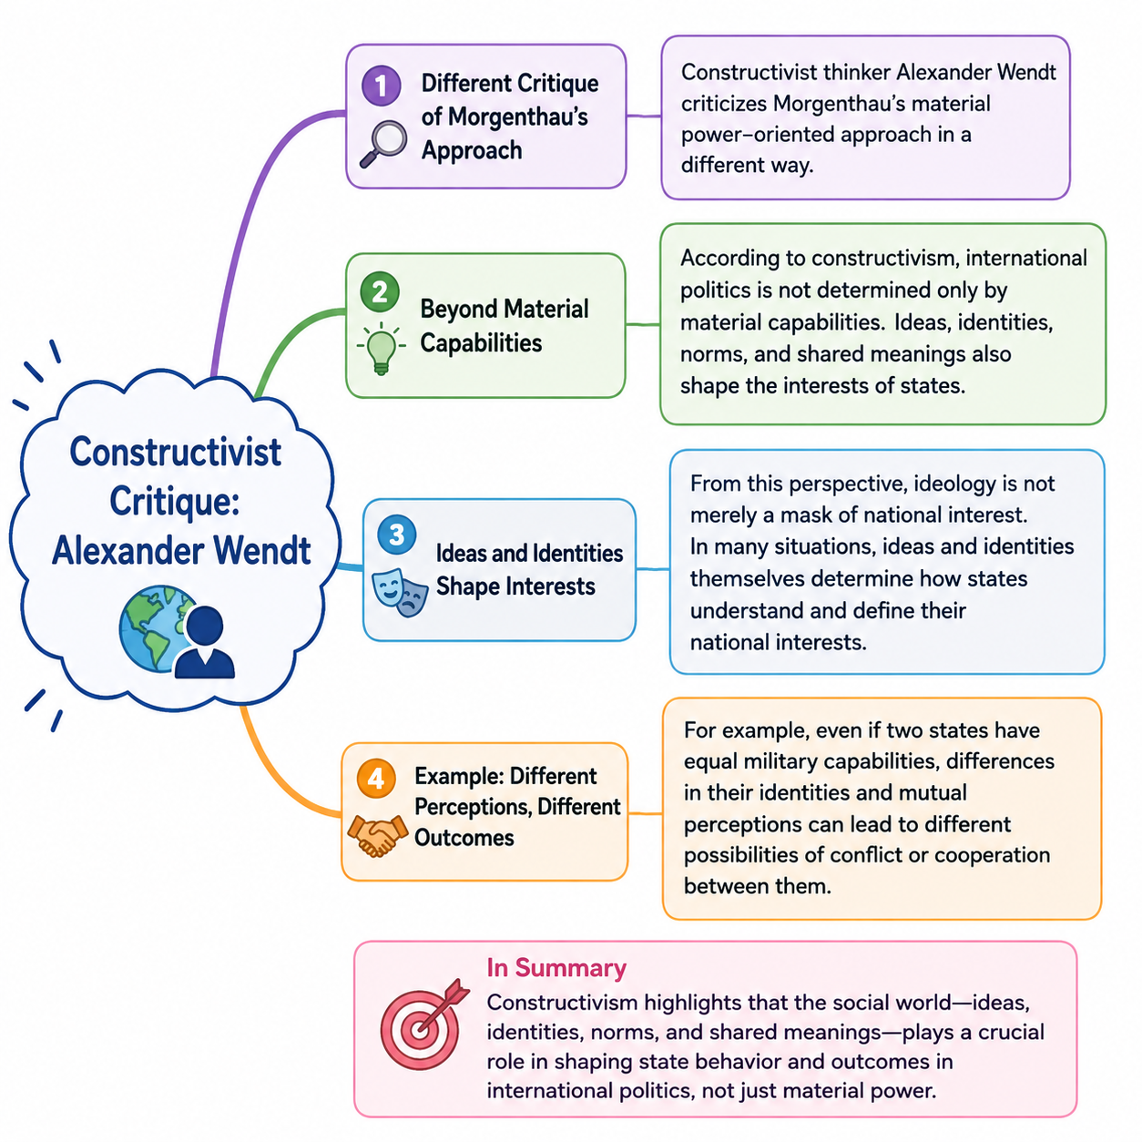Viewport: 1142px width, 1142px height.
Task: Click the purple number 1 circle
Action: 381,86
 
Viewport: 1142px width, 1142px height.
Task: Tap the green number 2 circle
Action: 379,291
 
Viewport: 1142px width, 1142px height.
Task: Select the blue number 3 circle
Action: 396,535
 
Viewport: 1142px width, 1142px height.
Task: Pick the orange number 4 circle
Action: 376,778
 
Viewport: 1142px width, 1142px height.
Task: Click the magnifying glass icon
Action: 382,144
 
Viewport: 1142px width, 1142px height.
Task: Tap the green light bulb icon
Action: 381,349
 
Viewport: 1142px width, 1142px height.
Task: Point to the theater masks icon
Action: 400,592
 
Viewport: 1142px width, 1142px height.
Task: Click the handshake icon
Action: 378,836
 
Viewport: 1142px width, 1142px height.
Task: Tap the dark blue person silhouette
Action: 204,642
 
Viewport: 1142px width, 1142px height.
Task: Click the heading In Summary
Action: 556,968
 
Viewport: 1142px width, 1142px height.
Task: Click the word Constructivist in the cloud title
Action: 176,453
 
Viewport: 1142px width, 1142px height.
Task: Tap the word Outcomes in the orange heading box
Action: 464,838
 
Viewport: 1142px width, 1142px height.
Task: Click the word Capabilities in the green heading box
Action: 481,343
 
